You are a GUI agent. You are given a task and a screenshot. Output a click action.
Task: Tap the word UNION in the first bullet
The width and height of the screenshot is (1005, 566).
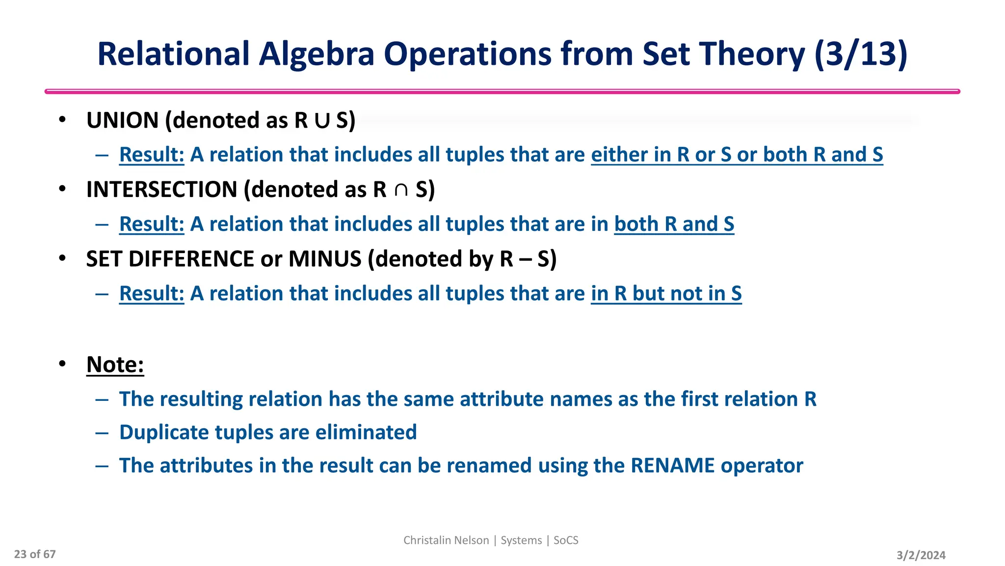click(122, 120)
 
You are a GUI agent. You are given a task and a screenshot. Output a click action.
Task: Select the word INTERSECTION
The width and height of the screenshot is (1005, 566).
click(162, 190)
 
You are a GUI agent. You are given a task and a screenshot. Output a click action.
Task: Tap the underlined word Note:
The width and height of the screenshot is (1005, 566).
click(115, 365)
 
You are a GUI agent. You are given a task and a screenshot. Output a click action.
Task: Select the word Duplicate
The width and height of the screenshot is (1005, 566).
click(164, 432)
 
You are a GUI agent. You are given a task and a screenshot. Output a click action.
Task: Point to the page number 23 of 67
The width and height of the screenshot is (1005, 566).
click(35, 554)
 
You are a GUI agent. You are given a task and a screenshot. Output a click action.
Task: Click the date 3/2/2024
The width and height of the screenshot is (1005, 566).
click(921, 555)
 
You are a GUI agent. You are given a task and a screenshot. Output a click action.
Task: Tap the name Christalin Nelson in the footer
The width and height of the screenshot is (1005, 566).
click(446, 540)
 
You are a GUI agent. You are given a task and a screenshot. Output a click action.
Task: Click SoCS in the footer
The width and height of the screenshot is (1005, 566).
click(566, 540)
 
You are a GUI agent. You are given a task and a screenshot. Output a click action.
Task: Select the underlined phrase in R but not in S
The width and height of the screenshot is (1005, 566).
click(666, 293)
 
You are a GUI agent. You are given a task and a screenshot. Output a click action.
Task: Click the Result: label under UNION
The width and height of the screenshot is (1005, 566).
click(152, 154)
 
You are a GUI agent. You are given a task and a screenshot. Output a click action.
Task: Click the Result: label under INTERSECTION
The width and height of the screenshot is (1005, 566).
click(152, 224)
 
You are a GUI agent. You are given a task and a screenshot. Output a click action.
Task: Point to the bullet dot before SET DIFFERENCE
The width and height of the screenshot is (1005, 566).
click(62, 258)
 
